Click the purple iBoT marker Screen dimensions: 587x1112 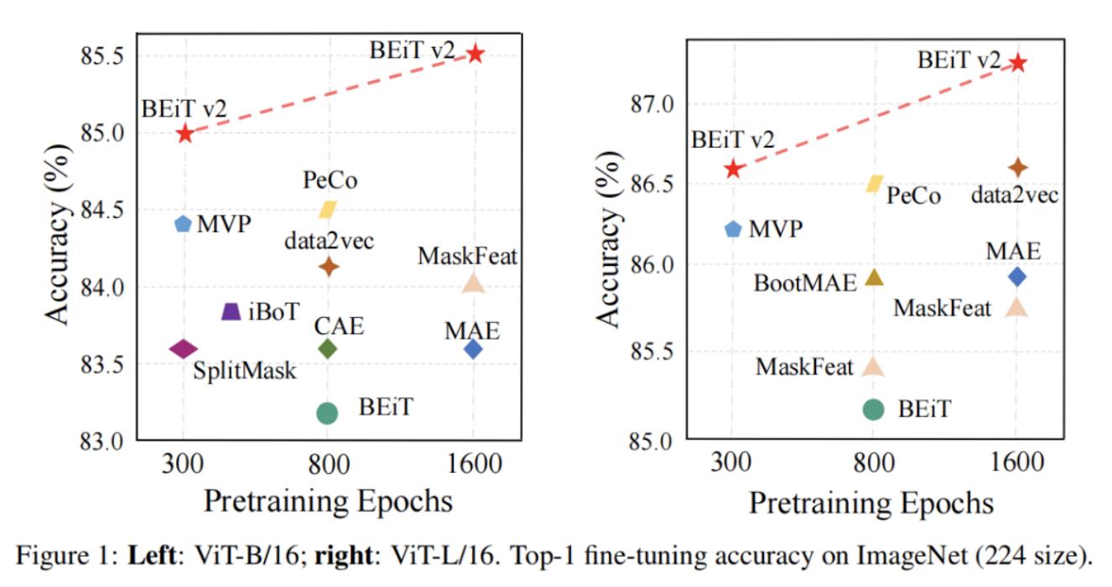point(231,311)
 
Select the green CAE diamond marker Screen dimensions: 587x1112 point(327,348)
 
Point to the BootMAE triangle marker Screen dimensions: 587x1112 point(874,278)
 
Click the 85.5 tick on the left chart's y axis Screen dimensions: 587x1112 point(101,56)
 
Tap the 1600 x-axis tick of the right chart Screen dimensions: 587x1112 point(1016,465)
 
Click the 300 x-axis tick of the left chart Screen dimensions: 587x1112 point(183,465)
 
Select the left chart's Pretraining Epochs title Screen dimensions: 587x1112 point(328,501)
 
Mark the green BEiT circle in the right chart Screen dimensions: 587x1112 point(874,408)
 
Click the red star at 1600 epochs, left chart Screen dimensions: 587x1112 point(475,54)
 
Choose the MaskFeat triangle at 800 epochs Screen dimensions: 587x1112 point(874,366)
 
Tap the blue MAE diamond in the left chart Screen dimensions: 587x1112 point(473,349)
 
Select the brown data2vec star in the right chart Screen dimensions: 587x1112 point(1017,169)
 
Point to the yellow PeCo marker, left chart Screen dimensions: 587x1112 point(327,209)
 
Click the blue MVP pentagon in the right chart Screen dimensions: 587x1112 point(733,229)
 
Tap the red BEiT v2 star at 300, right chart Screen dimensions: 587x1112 point(734,169)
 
